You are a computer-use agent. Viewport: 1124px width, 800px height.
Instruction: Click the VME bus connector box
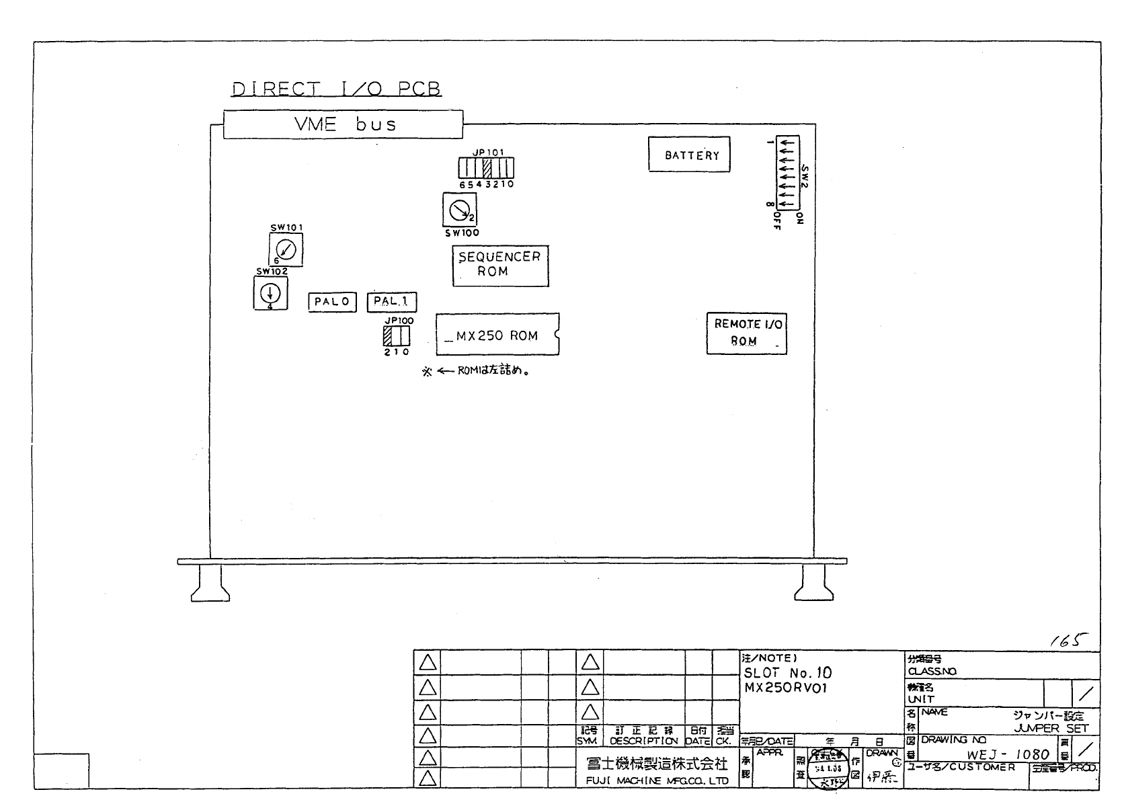pyautogui.click(x=343, y=124)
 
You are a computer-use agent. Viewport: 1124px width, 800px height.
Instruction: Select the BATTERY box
pyautogui.click(x=689, y=155)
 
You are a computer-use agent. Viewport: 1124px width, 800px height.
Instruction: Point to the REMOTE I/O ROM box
pyautogui.click(x=746, y=333)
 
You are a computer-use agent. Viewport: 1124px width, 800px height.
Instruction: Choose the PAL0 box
pyautogui.click(x=332, y=302)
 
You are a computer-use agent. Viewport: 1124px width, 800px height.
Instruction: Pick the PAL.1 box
pyautogui.click(x=392, y=302)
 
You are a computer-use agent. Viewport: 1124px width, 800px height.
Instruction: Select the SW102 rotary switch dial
pyautogui.click(x=270, y=293)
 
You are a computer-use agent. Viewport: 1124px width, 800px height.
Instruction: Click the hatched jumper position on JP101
pyautogui.click(x=487, y=168)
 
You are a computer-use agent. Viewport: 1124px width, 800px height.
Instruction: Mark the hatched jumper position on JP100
pyautogui.click(x=388, y=335)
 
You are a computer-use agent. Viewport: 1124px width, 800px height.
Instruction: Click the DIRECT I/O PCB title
pyautogui.click(x=336, y=89)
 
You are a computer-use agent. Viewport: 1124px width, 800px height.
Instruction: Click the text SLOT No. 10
pyautogui.click(x=787, y=673)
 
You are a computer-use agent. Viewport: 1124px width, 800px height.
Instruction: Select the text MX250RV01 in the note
pyautogui.click(x=786, y=688)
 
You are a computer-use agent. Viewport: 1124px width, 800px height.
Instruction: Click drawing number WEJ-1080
pyautogui.click(x=1008, y=754)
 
